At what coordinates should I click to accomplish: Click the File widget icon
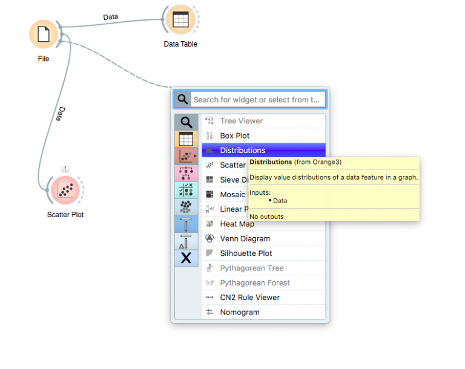click(x=44, y=34)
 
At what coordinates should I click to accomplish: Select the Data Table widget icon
click(x=180, y=19)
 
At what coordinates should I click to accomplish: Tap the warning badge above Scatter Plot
click(x=65, y=168)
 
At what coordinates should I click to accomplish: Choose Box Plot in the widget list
click(x=235, y=136)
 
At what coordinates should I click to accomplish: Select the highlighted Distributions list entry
click(x=242, y=151)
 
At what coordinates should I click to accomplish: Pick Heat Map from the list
click(x=237, y=224)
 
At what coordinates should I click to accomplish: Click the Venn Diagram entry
click(x=245, y=239)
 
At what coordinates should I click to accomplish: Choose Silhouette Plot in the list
click(x=246, y=253)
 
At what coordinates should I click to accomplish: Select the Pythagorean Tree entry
click(x=251, y=268)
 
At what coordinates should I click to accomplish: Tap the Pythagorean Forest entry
click(x=255, y=282)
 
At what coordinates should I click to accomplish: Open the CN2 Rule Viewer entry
click(x=249, y=298)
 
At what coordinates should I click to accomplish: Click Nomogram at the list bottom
click(x=240, y=312)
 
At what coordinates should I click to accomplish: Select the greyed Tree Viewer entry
click(x=241, y=121)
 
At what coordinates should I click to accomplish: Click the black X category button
click(x=186, y=258)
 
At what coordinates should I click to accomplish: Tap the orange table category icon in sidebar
click(x=186, y=139)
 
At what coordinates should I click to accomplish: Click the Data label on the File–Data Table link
click(x=111, y=17)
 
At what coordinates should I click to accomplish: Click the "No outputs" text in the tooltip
click(x=266, y=217)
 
